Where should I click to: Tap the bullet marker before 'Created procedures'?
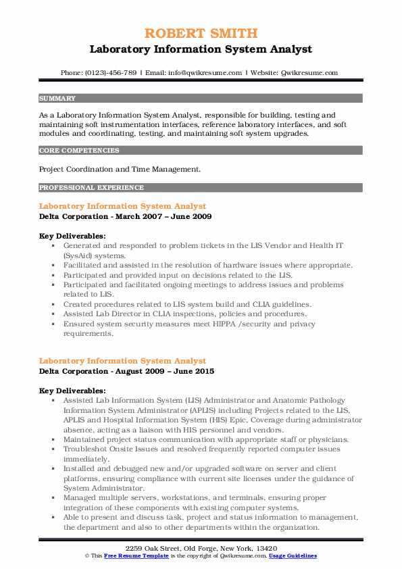(x=53, y=304)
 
